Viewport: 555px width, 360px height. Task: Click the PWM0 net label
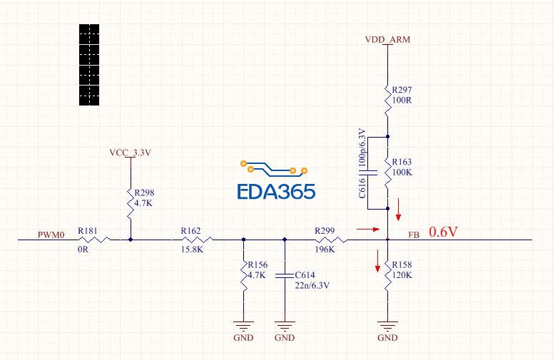click(51, 234)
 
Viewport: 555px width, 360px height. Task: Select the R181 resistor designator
click(88, 231)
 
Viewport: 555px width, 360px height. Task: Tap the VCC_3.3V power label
click(131, 153)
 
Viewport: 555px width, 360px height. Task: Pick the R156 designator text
click(258, 264)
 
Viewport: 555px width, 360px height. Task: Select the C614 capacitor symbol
click(285, 274)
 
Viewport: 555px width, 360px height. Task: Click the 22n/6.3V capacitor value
click(312, 285)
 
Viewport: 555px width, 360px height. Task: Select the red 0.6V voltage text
click(442, 232)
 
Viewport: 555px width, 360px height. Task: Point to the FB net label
click(414, 235)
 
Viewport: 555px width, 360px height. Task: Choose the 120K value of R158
click(402, 274)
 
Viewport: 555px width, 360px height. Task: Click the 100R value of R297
click(403, 101)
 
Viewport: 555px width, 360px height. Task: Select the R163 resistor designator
click(403, 162)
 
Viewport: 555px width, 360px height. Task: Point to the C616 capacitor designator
click(362, 189)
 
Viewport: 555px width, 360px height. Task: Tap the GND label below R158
click(387, 337)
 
